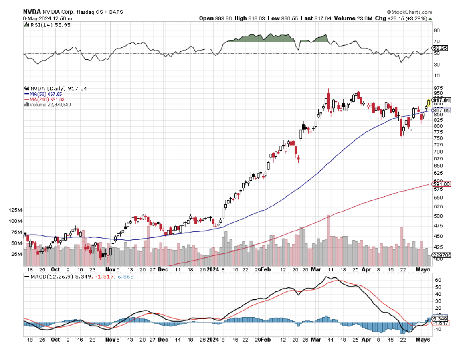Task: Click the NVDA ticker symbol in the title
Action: tap(32, 12)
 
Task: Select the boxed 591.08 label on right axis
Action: tap(443, 184)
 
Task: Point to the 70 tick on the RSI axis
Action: tap(436, 42)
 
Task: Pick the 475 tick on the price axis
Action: tap(438, 226)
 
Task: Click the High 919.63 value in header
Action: tap(248, 18)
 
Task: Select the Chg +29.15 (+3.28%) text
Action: tap(403, 18)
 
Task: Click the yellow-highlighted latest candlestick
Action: tap(429, 103)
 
